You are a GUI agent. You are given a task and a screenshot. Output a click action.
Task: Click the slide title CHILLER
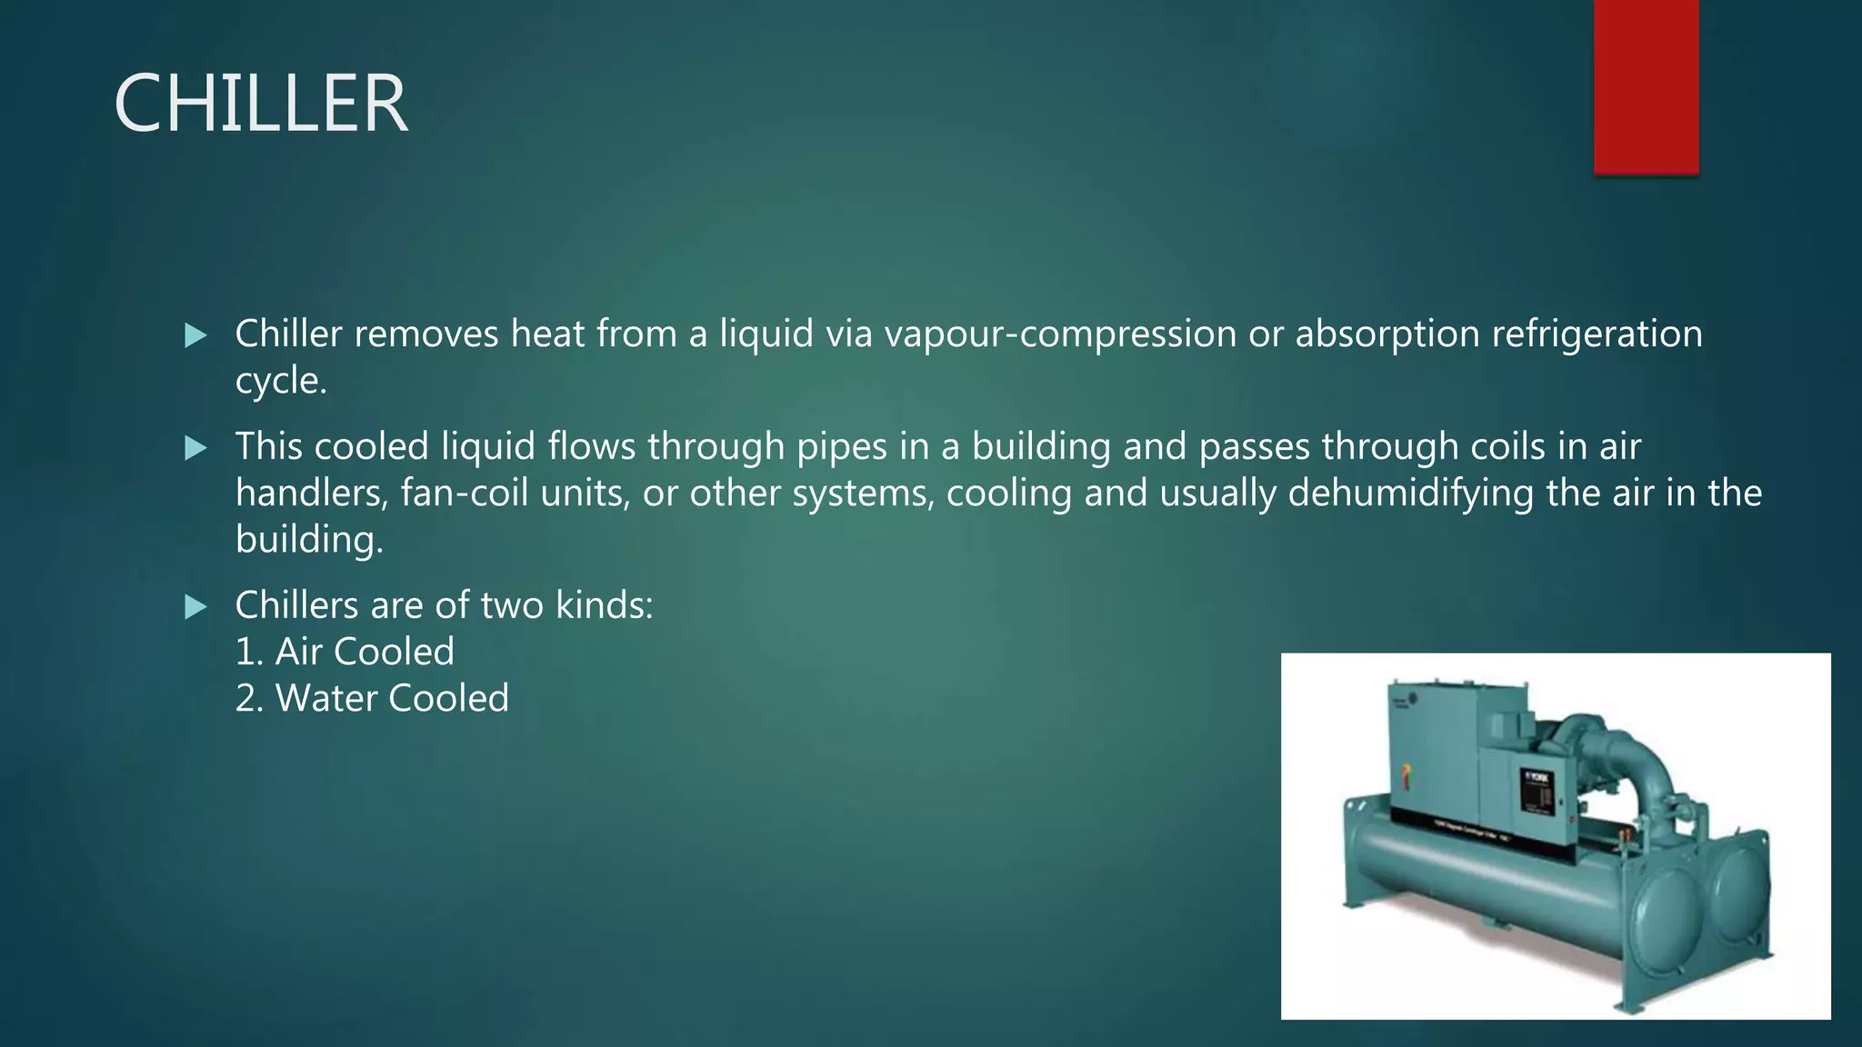[x=261, y=104]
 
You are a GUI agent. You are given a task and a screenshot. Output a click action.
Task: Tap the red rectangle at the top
[x=1646, y=86]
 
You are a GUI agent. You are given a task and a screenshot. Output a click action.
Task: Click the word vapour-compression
[x=1060, y=334]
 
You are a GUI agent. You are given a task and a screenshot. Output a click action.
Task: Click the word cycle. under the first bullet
[x=280, y=380]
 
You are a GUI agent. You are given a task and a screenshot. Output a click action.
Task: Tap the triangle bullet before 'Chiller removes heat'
[x=195, y=335]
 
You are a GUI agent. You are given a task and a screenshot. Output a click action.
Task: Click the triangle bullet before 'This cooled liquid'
[x=195, y=448]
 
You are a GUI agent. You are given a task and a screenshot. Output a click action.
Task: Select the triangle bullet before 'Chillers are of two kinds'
[x=195, y=606]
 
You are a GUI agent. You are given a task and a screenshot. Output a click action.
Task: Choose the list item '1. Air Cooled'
[x=345, y=652]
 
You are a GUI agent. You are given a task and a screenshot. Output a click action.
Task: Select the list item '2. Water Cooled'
[x=372, y=698]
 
